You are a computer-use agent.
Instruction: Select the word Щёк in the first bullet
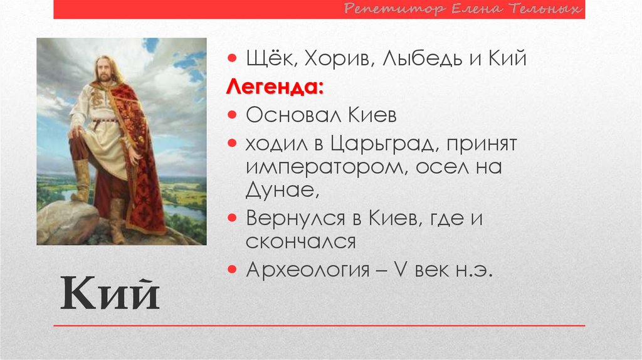263,60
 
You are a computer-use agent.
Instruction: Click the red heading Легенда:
275,87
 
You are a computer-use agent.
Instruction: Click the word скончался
300,241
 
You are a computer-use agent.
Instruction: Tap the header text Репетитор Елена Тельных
464,9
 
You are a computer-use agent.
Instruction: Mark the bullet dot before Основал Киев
232,115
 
